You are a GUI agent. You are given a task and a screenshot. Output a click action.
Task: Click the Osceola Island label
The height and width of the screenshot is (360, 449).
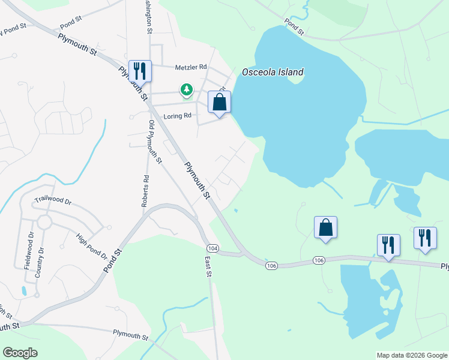coord(273,73)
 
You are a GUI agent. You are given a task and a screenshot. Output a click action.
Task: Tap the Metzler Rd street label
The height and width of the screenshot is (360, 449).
coord(191,67)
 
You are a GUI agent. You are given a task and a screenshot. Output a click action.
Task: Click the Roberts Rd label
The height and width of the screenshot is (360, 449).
coord(145,191)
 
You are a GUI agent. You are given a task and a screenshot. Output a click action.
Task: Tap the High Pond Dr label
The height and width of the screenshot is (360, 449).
coord(91,247)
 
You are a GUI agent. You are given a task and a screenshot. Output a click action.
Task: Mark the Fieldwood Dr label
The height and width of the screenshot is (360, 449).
coord(30,251)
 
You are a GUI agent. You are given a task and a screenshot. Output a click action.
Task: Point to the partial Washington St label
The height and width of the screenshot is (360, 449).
coord(148,17)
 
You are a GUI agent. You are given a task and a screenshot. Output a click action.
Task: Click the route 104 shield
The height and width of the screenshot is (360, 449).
coord(212,248)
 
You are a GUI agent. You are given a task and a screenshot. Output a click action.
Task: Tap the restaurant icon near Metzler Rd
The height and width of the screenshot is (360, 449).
coord(140,71)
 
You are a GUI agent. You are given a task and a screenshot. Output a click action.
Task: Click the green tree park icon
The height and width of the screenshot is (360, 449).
coord(187,90)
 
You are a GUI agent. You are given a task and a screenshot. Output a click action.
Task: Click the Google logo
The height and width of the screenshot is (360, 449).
coord(20,353)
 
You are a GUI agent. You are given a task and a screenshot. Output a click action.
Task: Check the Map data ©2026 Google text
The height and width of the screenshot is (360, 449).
coord(411,355)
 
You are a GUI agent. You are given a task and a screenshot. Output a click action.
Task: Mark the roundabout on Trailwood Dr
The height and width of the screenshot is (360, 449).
coord(44,223)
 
